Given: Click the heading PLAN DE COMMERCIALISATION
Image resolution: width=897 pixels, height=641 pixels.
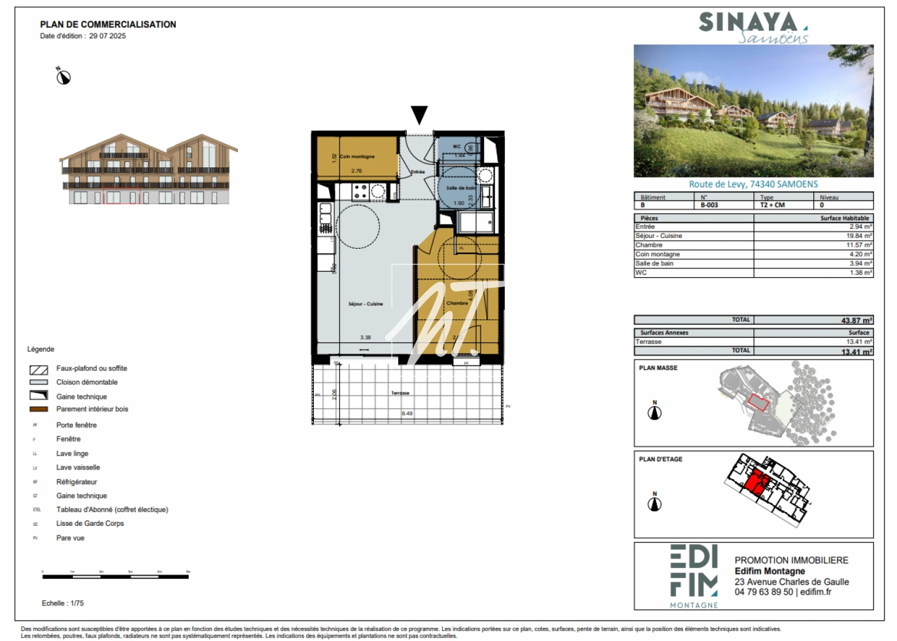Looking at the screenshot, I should coord(108,24).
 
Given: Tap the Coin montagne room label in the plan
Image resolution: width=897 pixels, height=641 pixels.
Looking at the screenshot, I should coord(357,157).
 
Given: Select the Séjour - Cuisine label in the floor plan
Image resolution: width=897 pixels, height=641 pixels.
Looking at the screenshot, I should coord(365,304).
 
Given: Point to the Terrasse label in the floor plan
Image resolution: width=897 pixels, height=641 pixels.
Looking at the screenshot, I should coord(400,393).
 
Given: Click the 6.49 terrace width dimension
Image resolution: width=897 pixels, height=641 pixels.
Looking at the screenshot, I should coord(407,414).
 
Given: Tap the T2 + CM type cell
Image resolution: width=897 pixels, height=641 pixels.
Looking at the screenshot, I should coord(772,205).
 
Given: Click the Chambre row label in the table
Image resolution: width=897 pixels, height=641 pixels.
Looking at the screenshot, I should coord(649,245).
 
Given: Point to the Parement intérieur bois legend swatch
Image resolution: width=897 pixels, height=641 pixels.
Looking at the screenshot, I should coord(39,409).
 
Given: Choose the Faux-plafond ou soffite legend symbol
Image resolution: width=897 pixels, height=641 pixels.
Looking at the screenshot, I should coord(39,370).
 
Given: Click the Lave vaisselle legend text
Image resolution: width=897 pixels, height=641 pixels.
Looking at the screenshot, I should coord(78,468).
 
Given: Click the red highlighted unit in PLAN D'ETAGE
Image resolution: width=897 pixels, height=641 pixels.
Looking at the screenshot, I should coord(756,481).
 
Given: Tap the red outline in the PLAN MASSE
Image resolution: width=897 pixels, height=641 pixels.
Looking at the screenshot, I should coord(758,402).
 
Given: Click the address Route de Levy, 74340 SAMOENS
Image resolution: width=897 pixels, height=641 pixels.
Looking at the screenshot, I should coord(753,185).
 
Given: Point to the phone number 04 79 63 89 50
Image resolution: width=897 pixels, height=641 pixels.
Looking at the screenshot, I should coord(764,592).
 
